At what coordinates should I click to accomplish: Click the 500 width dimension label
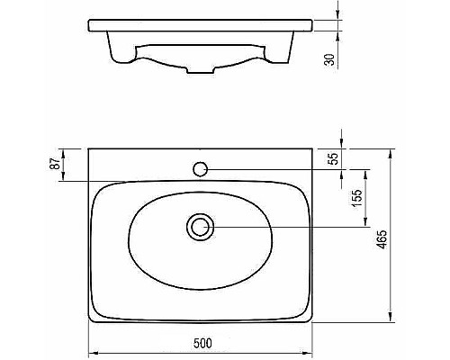tap(202, 343)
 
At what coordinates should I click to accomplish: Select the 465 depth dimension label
tap(382, 239)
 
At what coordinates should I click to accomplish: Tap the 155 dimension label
tap(357, 198)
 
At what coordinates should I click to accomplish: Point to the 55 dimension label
tap(333, 158)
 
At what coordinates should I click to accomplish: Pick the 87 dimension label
tap(55, 164)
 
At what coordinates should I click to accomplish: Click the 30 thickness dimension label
tap(329, 59)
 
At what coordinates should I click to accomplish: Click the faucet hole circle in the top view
tap(200, 169)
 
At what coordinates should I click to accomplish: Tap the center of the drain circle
tap(200, 227)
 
